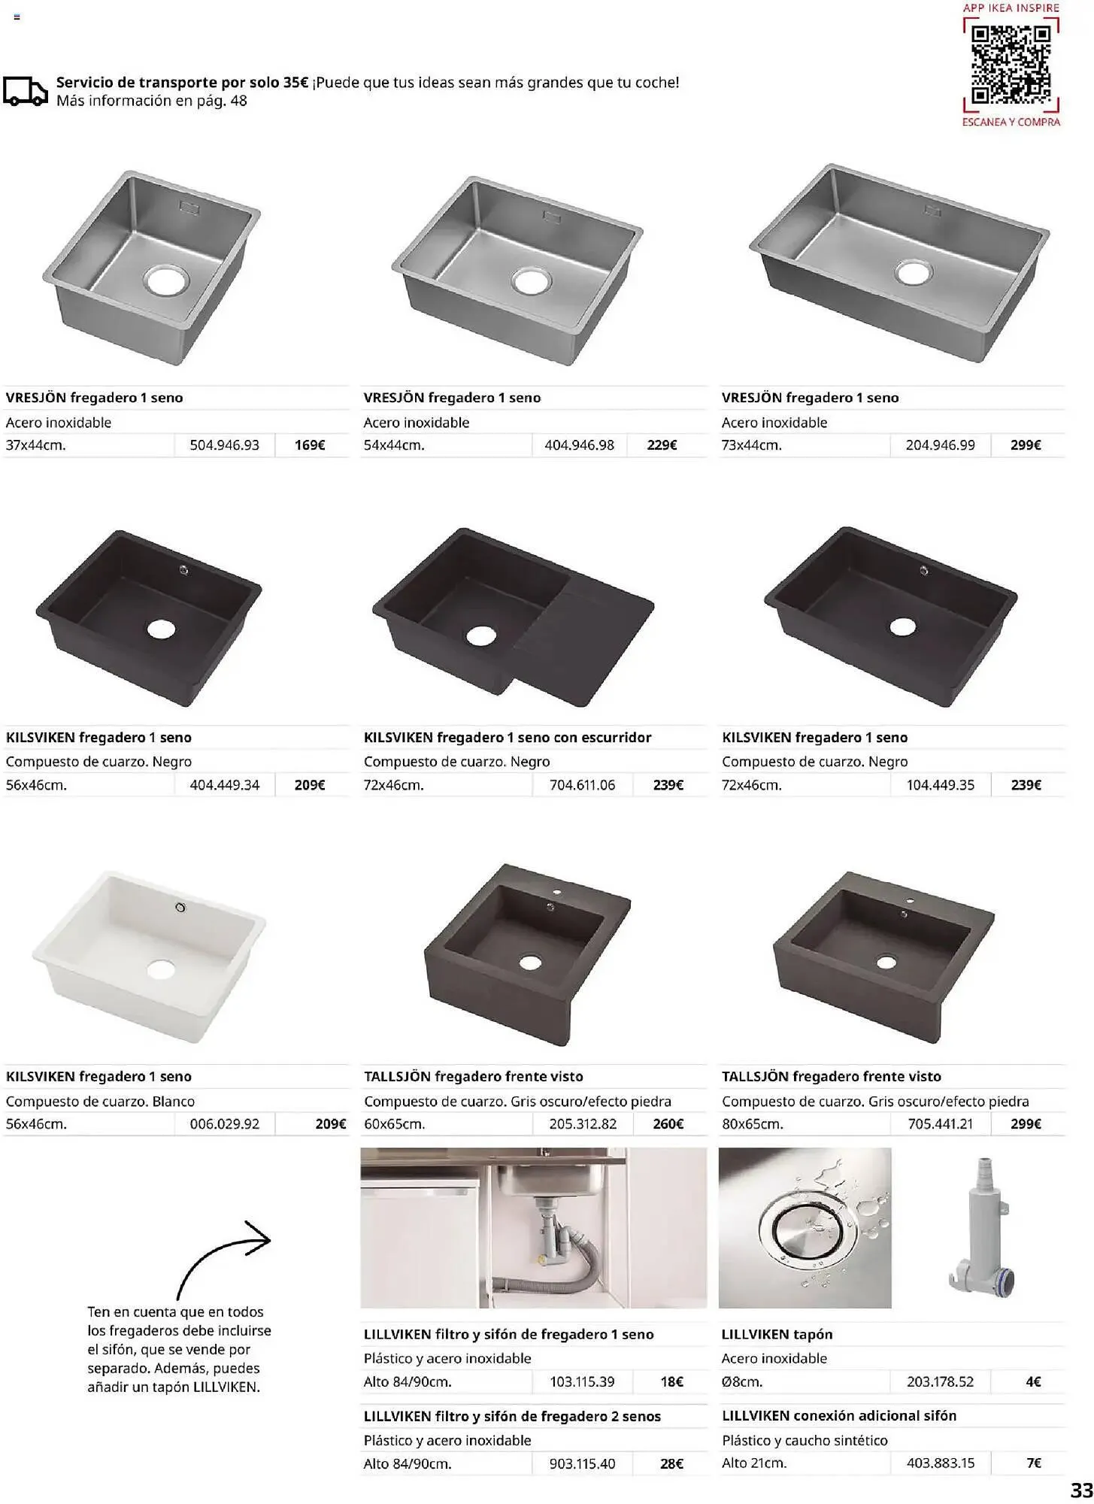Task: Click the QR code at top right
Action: click(1011, 66)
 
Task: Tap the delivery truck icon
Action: click(25, 91)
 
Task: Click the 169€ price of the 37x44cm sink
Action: click(309, 445)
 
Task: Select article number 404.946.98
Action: click(579, 445)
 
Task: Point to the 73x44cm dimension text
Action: click(751, 445)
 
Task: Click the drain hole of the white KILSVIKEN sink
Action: click(161, 969)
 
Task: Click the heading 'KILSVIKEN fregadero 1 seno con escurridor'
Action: click(508, 738)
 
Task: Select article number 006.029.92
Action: click(224, 1124)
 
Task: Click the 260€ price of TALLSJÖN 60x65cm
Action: click(668, 1124)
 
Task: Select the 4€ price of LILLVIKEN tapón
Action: click(1032, 1382)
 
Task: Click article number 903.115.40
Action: click(582, 1464)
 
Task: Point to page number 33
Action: click(1080, 1490)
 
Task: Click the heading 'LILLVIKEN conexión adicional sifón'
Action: click(838, 1416)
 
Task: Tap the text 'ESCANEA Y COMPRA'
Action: click(1011, 122)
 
